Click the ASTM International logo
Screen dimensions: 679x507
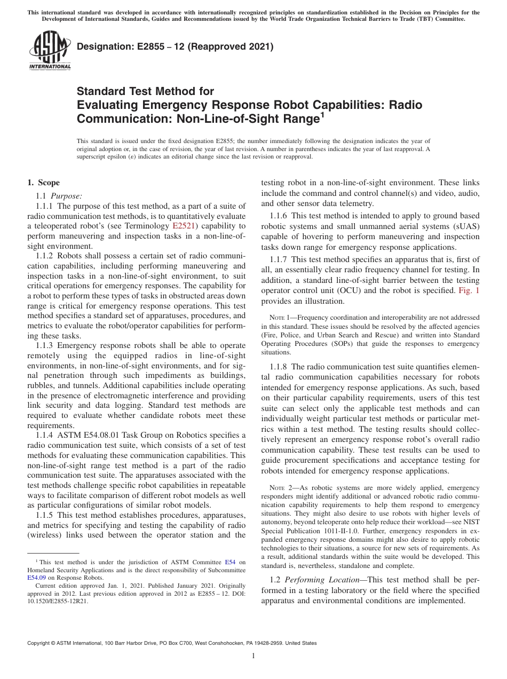coord(49,51)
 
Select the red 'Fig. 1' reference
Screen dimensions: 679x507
coord(469,291)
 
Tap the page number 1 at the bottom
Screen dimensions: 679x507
coord(253,656)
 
